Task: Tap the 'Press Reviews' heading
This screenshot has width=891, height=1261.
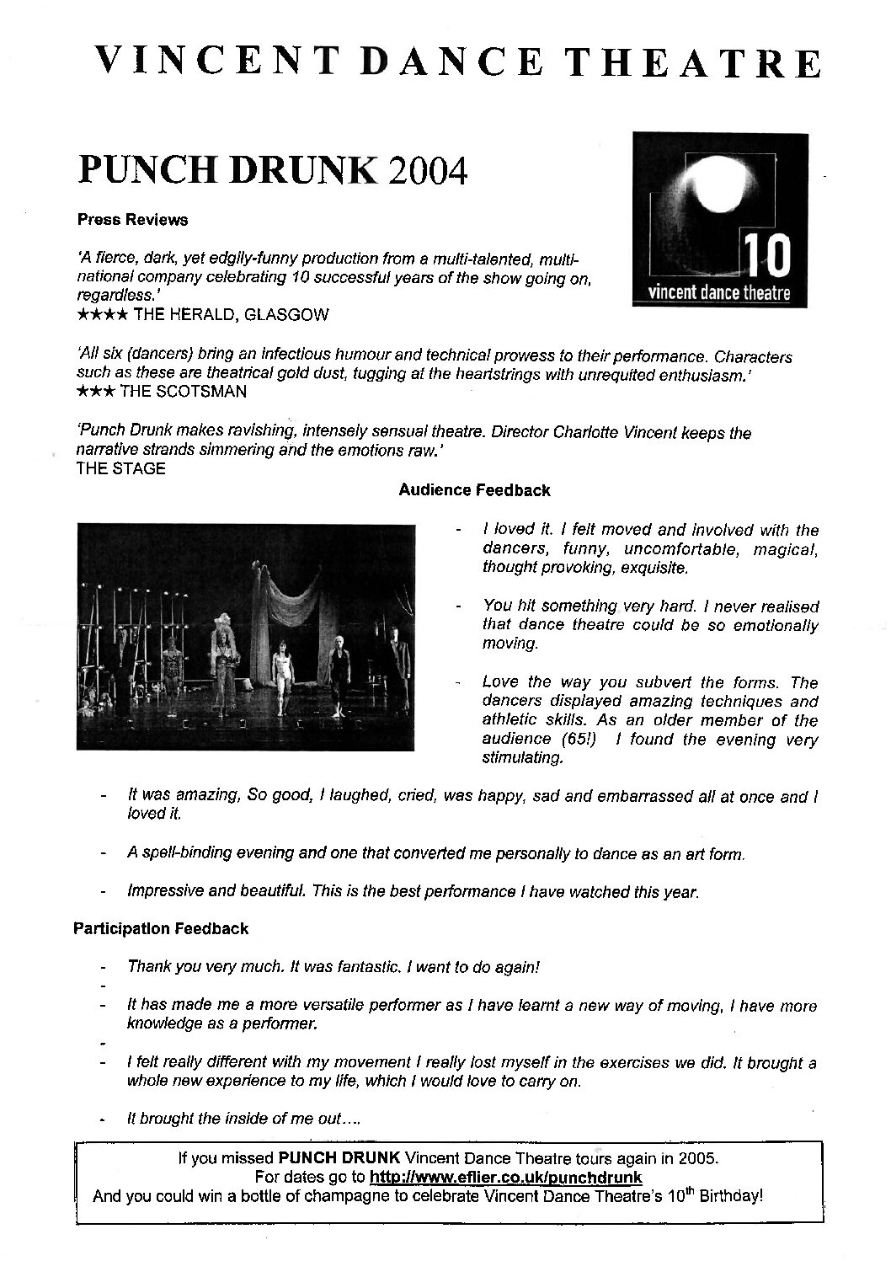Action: pos(132,220)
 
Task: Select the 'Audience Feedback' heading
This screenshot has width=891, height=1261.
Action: pos(474,489)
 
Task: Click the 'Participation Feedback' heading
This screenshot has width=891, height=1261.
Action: pos(161,928)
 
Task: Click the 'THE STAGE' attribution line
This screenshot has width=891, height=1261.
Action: pos(120,469)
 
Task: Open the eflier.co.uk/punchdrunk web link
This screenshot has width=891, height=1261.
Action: pos(506,1177)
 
